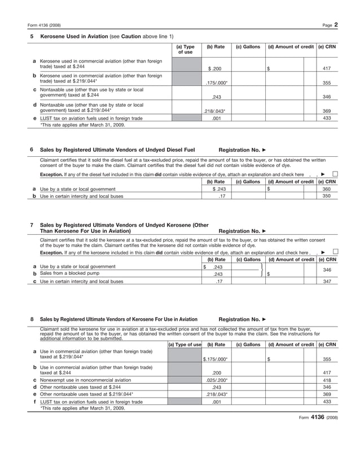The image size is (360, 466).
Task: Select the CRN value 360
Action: click(326, 189)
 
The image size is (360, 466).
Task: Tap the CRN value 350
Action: click(326, 196)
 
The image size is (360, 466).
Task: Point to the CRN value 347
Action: click(326, 281)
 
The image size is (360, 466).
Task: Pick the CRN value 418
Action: click(326, 380)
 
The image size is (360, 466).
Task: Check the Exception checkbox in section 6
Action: click(335, 174)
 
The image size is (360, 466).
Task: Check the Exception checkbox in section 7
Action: click(335, 252)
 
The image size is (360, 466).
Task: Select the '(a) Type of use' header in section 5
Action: click(185, 50)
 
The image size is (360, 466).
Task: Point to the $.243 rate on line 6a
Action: click(216, 189)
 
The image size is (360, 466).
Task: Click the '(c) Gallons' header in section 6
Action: click(248, 182)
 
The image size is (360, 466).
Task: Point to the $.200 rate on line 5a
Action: click(215, 69)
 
